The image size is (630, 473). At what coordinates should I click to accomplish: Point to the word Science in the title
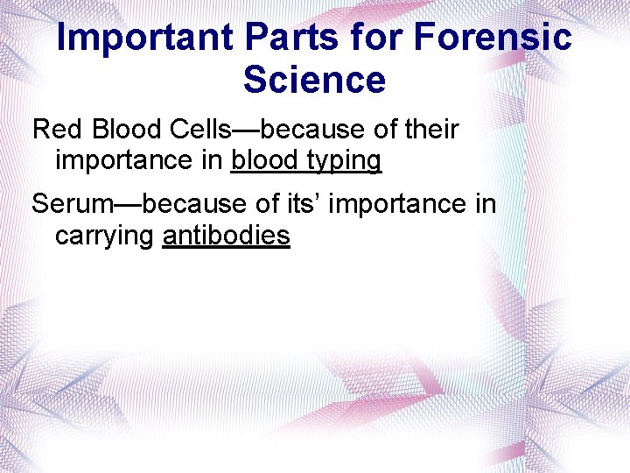314,80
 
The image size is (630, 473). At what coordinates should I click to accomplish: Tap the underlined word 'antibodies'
226,236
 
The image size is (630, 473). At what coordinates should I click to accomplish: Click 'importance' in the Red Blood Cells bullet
125,162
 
